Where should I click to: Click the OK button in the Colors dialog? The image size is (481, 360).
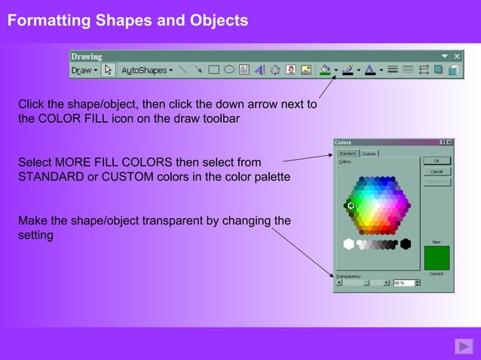437,160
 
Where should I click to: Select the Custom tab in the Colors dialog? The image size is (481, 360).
369,154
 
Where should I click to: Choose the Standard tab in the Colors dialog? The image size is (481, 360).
347,154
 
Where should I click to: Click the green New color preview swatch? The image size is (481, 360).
437,258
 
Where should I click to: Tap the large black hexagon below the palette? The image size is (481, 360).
406,243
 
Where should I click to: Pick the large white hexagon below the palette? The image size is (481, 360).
348,243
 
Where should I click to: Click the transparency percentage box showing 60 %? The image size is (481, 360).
403,283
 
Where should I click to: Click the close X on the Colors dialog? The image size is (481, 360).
449,142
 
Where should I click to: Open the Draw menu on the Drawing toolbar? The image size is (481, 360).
84,70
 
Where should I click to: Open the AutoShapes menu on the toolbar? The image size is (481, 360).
147,70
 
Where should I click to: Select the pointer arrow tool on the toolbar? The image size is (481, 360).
108,70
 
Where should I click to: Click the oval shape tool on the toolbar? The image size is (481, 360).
228,70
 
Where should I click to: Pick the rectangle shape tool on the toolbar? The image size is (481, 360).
213,70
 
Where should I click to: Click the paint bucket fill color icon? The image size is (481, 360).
325,70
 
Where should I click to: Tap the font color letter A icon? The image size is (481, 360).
370,70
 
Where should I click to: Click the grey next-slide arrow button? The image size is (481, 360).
463,346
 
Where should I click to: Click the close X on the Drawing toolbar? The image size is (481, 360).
457,56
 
